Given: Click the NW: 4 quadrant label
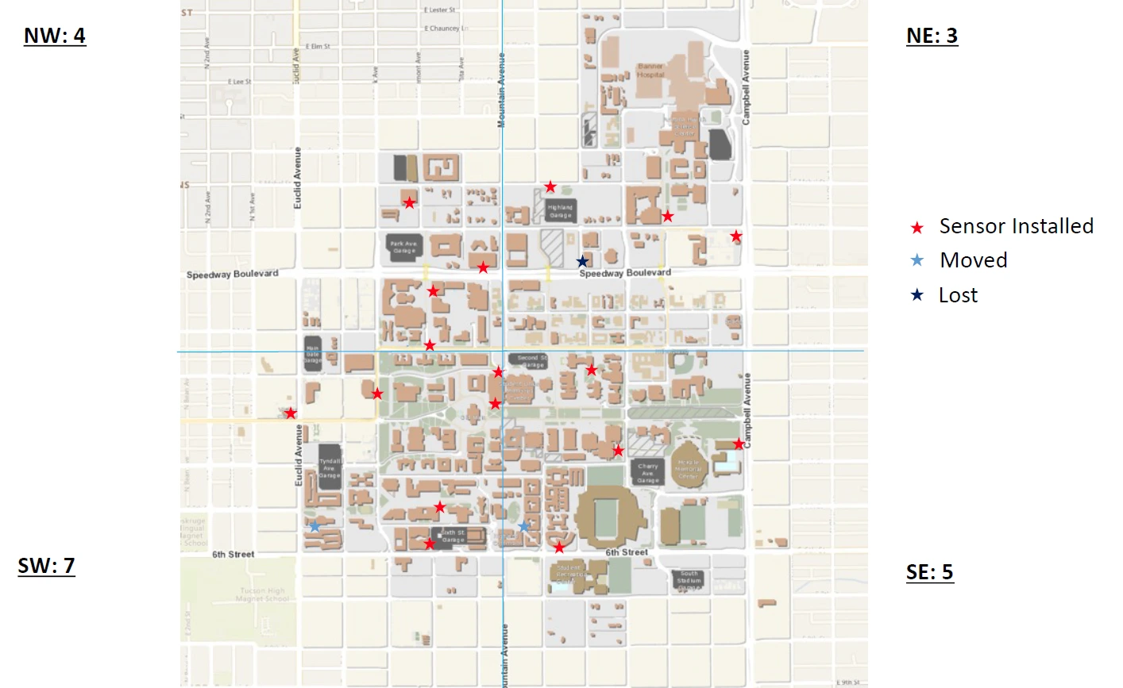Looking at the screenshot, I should (55, 37).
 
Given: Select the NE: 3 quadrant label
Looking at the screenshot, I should (932, 37).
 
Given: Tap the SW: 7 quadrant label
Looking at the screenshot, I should (46, 566).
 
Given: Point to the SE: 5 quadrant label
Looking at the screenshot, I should (929, 573).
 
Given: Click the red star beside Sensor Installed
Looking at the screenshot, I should (917, 228).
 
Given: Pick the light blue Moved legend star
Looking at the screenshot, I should (917, 261).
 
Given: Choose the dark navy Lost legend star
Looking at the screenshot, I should (917, 295).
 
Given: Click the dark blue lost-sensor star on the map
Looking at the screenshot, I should (582, 261).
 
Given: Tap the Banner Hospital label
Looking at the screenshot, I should (650, 71).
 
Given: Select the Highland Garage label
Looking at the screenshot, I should (560, 211).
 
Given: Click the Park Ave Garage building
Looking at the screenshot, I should (403, 247).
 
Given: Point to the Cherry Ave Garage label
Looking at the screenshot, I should (648, 473).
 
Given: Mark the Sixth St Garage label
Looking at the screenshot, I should (453, 536).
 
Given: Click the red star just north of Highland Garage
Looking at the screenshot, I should (550, 187).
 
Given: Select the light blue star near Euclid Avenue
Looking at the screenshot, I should (315, 526).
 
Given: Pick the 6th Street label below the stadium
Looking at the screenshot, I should (627, 552).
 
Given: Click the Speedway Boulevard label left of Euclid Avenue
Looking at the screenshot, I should (232, 275).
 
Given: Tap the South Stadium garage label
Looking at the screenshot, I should (689, 577).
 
